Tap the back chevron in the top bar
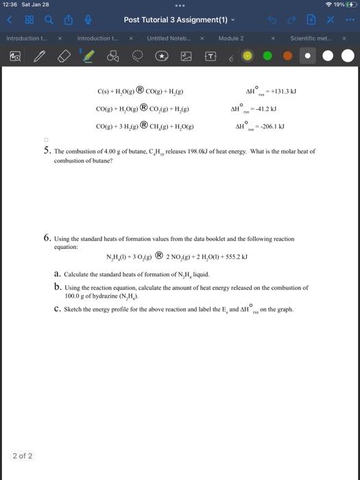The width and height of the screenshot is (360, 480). (x=10, y=20)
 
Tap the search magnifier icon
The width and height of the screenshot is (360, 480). (x=47, y=20)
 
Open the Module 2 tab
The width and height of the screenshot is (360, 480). (x=231, y=38)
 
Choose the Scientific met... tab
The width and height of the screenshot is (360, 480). (x=309, y=38)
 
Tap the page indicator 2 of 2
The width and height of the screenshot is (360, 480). (x=23, y=456)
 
